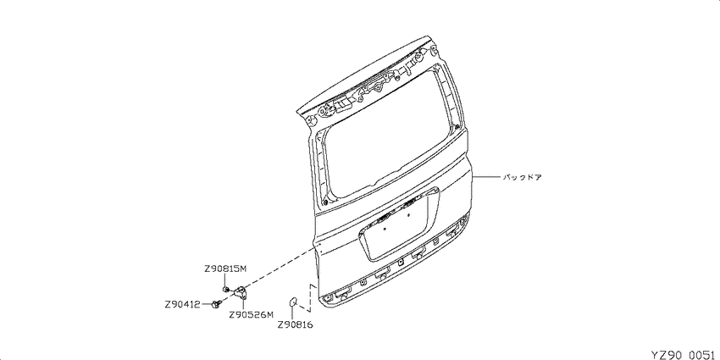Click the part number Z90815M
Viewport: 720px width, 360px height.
[225, 269]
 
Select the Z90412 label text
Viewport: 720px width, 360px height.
[182, 304]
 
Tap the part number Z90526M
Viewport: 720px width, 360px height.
[251, 315]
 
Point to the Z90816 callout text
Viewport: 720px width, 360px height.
[295, 325]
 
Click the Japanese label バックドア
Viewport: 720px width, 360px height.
[523, 177]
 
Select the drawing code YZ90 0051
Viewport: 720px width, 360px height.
[685, 354]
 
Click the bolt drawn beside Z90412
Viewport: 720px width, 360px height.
[217, 304]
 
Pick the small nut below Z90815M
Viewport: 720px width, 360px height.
[226, 290]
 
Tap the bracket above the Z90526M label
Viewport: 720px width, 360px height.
[240, 293]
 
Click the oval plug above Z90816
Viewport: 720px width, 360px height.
[292, 302]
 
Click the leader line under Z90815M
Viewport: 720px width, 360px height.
[225, 280]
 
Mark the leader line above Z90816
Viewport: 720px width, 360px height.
[292, 313]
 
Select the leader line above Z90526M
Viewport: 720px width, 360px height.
[242, 305]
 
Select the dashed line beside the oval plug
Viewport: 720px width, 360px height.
[310, 298]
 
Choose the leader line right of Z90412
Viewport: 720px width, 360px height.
[206, 304]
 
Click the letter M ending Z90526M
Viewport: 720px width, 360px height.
[269, 315]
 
